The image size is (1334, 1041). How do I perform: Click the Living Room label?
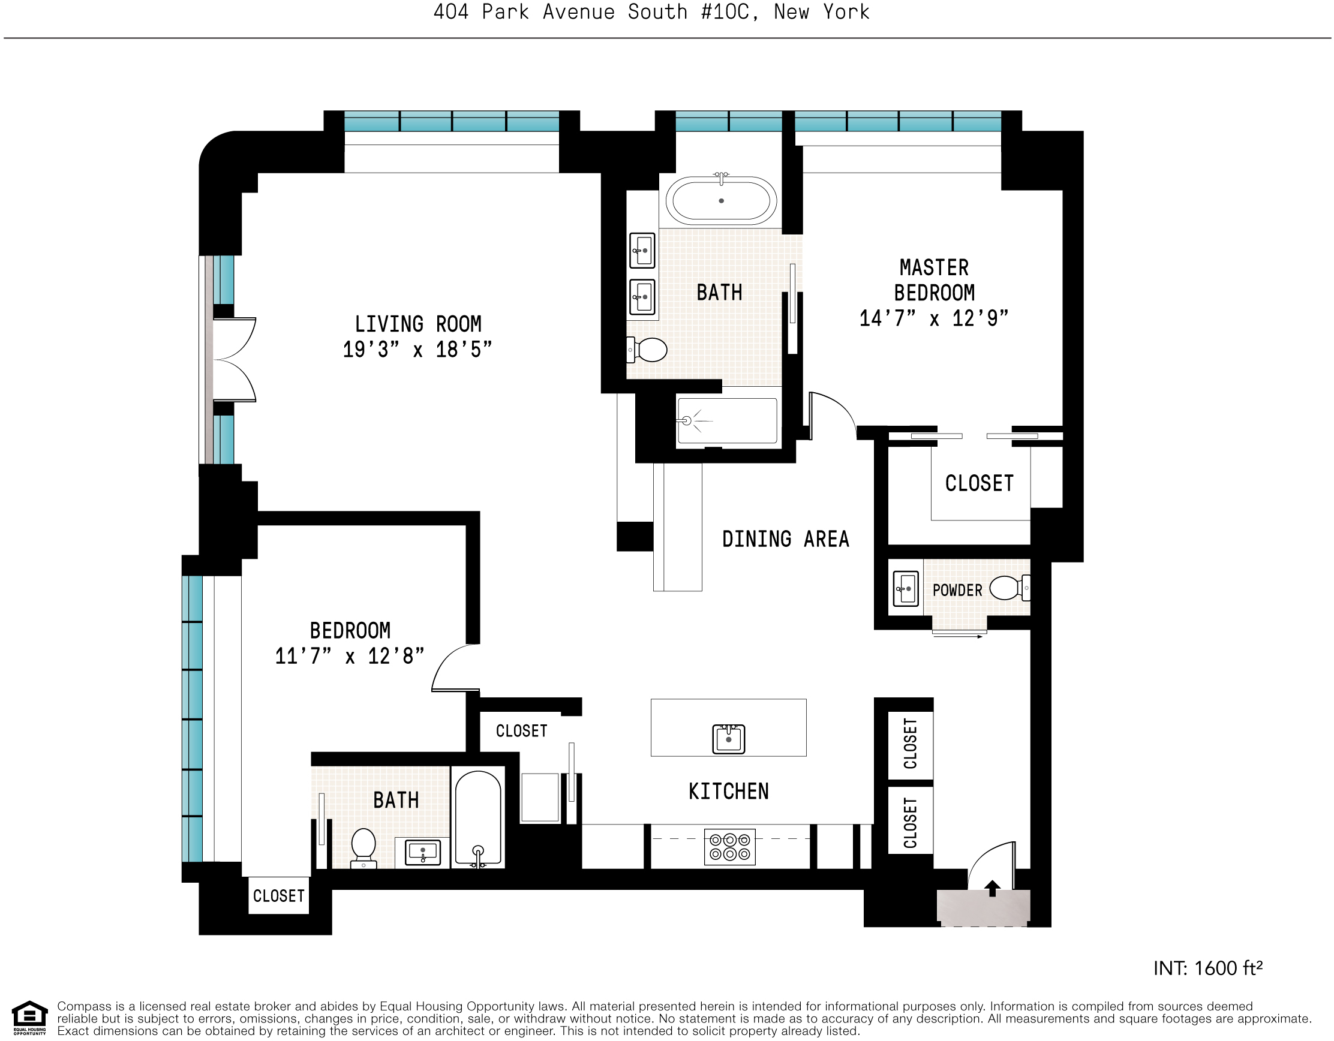click(418, 324)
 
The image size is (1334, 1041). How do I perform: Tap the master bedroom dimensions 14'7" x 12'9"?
click(933, 318)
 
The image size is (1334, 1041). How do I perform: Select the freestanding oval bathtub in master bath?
click(721, 200)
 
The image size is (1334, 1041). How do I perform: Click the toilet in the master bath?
click(648, 350)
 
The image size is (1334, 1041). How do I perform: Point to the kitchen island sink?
click(728, 739)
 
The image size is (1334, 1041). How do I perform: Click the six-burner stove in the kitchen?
click(729, 847)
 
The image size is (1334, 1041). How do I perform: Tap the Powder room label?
click(957, 591)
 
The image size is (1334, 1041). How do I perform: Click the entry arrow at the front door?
click(992, 887)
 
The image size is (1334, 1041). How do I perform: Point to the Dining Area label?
click(786, 540)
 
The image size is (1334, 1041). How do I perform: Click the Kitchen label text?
click(728, 792)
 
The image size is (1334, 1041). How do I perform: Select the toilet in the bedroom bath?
click(363, 846)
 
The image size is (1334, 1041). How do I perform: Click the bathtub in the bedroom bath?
click(478, 818)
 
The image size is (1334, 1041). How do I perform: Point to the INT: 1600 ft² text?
click(1207, 968)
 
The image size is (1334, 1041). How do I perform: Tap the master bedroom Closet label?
click(979, 483)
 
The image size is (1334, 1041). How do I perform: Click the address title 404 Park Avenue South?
click(651, 12)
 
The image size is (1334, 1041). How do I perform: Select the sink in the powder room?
click(905, 589)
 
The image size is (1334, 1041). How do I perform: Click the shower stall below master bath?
click(727, 421)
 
